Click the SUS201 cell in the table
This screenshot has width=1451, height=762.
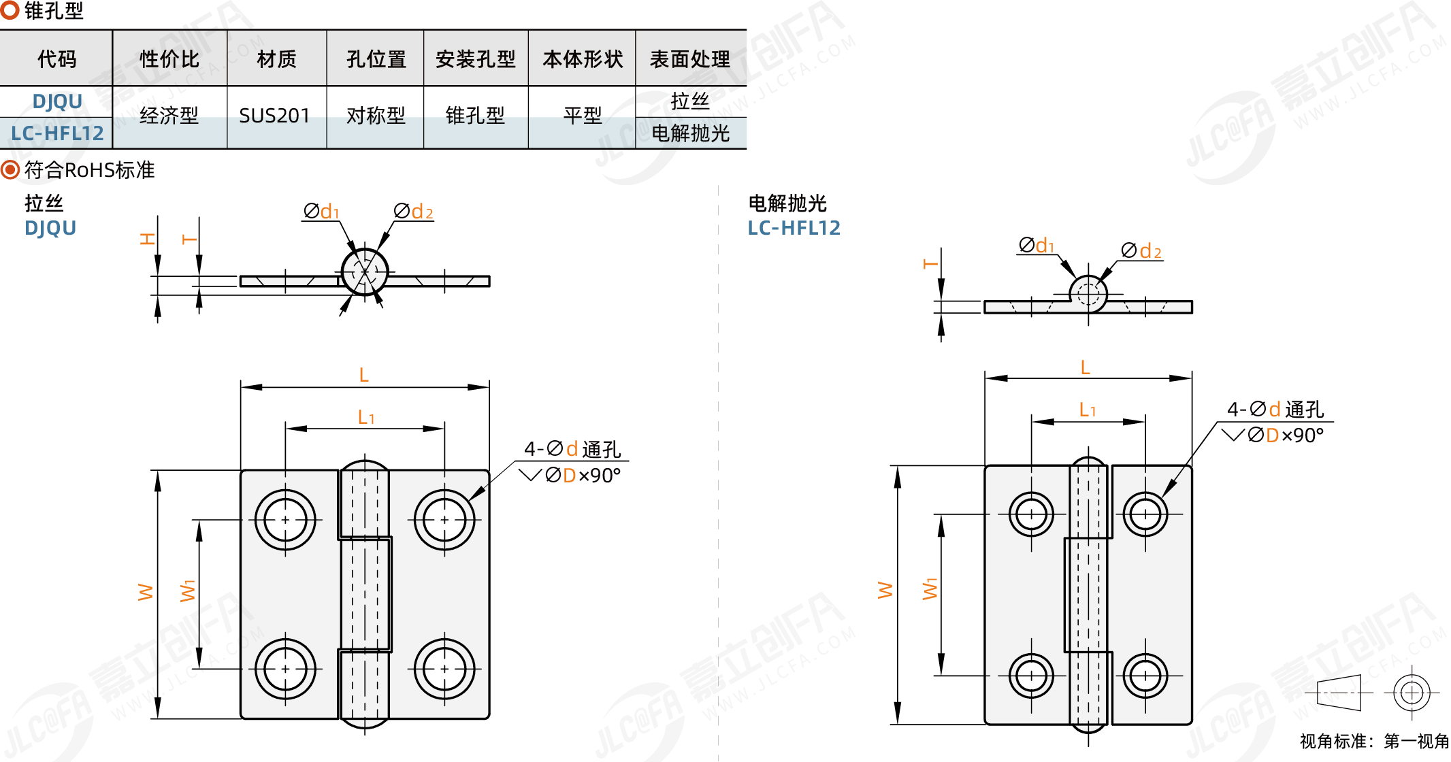coord(274,116)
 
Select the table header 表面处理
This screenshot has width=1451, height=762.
coord(690,59)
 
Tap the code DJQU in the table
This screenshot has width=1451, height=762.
coord(57,101)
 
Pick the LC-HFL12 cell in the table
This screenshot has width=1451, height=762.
coord(57,133)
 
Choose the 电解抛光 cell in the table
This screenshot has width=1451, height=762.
coord(690,133)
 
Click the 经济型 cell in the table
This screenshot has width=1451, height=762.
coord(169,116)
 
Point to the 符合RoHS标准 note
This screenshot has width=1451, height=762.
coord(88,169)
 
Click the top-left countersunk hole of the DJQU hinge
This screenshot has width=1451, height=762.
coord(285,520)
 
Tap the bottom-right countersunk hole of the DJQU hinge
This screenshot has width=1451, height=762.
coord(444,669)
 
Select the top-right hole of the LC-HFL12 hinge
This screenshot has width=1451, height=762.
coord(1145,514)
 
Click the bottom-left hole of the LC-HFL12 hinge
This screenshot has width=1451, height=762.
coord(1031,676)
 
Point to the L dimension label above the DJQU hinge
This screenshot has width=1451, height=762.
coord(364,375)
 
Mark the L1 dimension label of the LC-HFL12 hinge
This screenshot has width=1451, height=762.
coord(1088,410)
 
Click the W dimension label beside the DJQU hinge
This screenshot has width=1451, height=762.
coord(146,592)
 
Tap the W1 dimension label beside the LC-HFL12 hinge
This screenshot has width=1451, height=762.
coord(930,589)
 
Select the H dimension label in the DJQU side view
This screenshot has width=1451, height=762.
coord(148,239)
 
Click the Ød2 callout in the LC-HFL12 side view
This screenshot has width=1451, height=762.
coord(1141,251)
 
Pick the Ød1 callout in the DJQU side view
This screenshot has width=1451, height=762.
coord(321,212)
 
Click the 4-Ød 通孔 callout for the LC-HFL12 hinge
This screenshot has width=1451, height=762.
coord(1275,409)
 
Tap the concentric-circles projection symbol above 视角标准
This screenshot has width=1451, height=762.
coord(1412,693)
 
